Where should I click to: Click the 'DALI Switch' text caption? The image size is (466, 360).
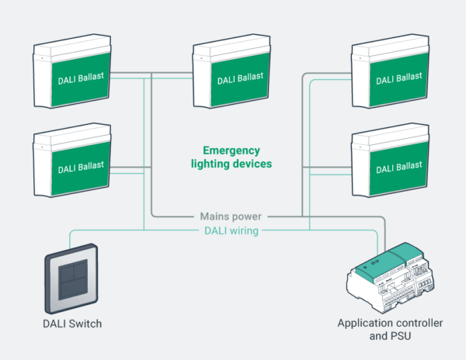point(71,323)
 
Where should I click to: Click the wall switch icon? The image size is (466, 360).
point(71,279)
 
